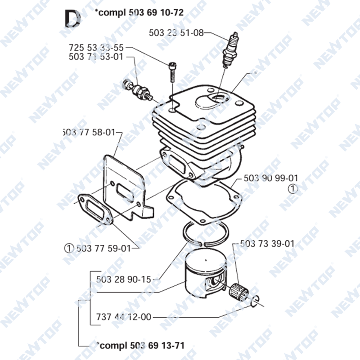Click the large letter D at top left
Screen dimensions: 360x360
[x=72, y=18]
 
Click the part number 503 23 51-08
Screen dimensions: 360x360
[x=176, y=33]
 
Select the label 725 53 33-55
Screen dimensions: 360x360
[x=96, y=48]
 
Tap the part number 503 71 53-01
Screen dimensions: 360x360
[x=96, y=57]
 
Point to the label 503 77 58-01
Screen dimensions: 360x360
[x=89, y=132]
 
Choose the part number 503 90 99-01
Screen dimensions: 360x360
[x=271, y=178]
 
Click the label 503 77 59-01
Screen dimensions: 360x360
[x=103, y=248]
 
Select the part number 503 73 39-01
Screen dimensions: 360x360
[x=267, y=243]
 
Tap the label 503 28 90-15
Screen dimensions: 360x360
[x=123, y=279]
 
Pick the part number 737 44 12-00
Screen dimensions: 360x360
[x=123, y=317]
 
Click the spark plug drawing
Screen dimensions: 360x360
[x=230, y=50]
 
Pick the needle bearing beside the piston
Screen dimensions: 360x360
[x=239, y=291]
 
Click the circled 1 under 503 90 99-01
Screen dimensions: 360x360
[x=293, y=189]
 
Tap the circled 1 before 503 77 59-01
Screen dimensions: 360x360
[x=69, y=248]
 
